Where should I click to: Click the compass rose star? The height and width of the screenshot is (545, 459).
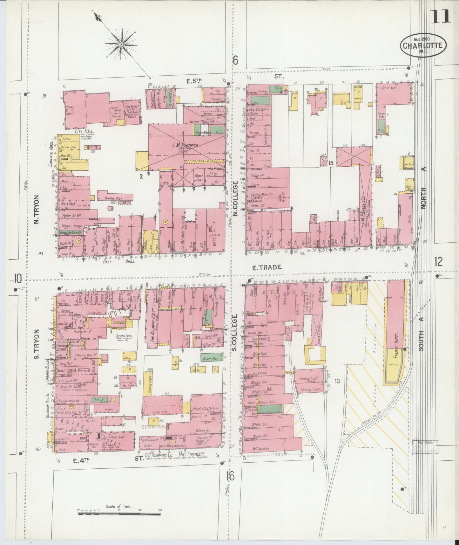click(x=121, y=45)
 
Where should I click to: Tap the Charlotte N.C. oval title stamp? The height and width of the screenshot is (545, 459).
click(x=422, y=45)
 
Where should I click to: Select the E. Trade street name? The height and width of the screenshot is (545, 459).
click(x=267, y=267)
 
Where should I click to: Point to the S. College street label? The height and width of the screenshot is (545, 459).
click(x=235, y=333)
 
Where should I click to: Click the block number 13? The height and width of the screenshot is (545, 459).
click(x=337, y=381)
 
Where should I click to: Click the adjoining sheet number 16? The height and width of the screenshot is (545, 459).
click(x=231, y=476)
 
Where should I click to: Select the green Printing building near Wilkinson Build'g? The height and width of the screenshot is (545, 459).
click(x=99, y=399)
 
